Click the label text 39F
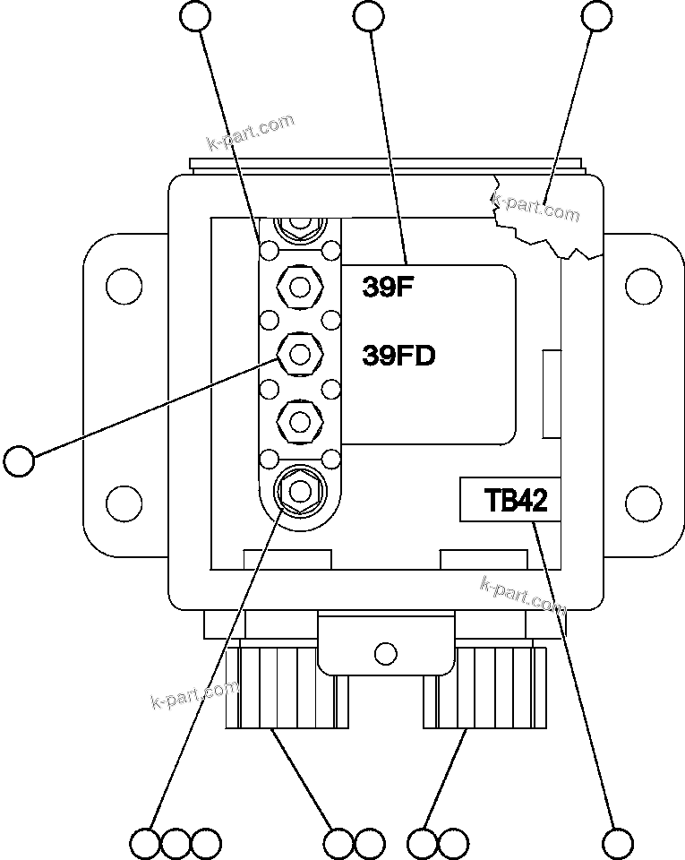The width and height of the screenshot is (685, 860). pos(385,288)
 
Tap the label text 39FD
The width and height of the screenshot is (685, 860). pos(398,356)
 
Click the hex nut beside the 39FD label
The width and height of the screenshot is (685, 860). pos(300,355)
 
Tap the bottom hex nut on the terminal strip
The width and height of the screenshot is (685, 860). pos(300,490)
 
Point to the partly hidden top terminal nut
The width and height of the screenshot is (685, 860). pos(300,225)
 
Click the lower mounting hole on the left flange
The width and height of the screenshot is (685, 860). pos(124,500)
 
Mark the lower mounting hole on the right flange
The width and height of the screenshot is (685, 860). pos(643,500)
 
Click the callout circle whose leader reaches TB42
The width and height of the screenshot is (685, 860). pos(618,843)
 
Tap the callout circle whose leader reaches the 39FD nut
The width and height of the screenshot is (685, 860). pos(18,461)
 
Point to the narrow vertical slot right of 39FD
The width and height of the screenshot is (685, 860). pos(552,395)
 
